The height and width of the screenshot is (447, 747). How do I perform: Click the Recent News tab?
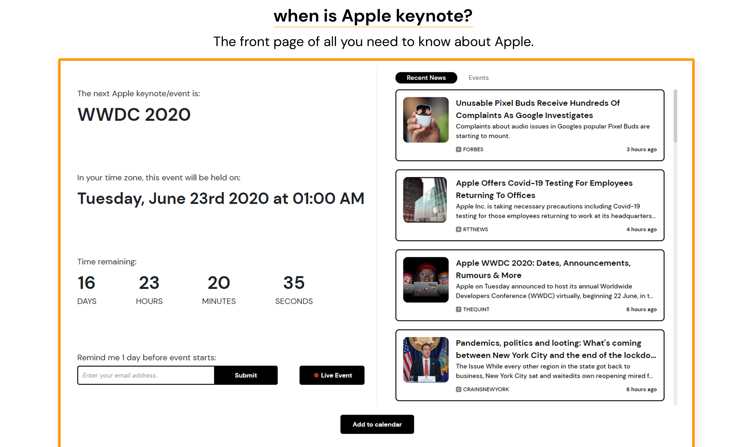click(x=426, y=78)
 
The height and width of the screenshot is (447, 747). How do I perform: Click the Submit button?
click(x=246, y=375)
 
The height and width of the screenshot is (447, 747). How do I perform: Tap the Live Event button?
click(x=332, y=375)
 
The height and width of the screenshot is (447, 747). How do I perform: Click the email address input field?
click(x=146, y=375)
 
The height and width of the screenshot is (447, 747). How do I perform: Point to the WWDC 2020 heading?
click(x=134, y=115)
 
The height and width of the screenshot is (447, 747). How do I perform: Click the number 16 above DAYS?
click(x=86, y=283)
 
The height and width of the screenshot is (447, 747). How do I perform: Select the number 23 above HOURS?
click(x=149, y=283)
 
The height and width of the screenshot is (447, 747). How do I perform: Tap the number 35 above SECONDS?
click(x=294, y=283)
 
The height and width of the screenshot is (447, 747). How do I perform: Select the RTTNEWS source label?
click(x=475, y=230)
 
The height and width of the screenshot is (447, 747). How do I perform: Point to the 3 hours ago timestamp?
click(x=641, y=149)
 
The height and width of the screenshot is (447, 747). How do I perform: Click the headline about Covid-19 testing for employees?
click(x=544, y=189)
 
